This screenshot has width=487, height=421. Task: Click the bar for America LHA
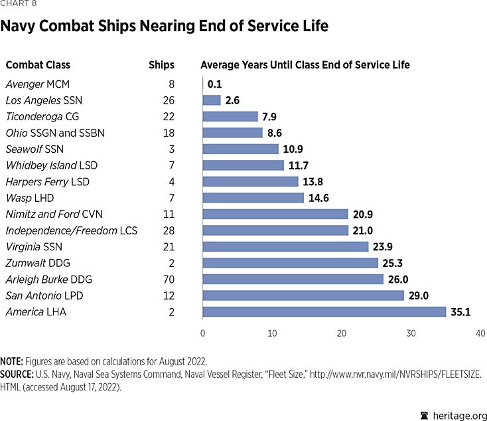coord(324,311)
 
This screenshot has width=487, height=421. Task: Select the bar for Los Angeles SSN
coord(212,100)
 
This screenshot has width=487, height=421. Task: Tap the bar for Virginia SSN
coord(285,246)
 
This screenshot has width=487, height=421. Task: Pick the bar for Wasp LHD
coord(253,198)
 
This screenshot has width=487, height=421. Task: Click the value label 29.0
coord(421,295)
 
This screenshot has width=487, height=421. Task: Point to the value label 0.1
coord(214,84)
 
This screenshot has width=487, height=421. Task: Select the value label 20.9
coord(364,214)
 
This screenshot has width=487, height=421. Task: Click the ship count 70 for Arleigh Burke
coord(168,279)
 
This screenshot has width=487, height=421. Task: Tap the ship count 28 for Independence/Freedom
coord(168,230)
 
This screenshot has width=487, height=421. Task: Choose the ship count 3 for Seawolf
coord(171,149)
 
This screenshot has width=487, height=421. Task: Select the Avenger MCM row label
coord(37,84)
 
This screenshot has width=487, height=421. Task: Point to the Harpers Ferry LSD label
coord(46,181)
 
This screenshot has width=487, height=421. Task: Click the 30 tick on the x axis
coord(411,333)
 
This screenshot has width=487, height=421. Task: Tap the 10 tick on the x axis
coord(272,333)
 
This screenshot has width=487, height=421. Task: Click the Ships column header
coord(161,65)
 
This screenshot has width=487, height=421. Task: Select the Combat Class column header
coord(38,65)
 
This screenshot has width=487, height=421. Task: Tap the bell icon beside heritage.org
coord(425,414)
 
